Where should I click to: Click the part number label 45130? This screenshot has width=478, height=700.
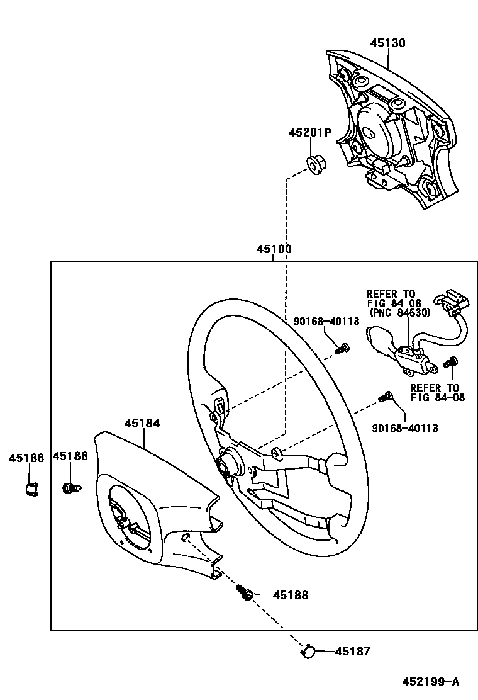click(x=387, y=43)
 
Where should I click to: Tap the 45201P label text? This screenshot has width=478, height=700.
click(x=309, y=133)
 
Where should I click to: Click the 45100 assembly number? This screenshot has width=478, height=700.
click(x=274, y=249)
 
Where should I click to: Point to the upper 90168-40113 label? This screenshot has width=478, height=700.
click(x=326, y=321)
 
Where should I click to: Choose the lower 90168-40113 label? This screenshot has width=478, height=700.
click(x=405, y=428)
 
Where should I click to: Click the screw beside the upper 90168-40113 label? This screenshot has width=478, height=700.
click(x=342, y=348)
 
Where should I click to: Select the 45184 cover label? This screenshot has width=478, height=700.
click(x=142, y=424)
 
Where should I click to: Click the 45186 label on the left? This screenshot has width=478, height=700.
click(x=26, y=458)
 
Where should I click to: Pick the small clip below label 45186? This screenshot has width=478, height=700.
click(x=31, y=488)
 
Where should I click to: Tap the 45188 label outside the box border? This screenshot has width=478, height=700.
click(x=70, y=456)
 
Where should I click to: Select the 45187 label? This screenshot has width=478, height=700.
click(x=353, y=652)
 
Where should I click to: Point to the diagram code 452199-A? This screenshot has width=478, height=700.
click(x=431, y=682)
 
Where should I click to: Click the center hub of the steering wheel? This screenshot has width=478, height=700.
click(x=226, y=466)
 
